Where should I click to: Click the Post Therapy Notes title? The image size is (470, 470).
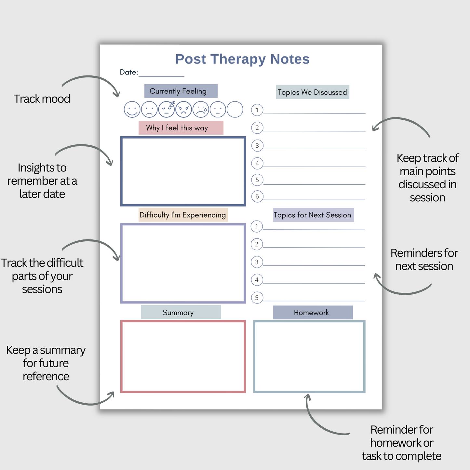(x=242, y=59)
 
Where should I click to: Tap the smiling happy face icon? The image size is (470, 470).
(x=132, y=109)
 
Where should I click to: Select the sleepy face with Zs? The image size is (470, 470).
(x=167, y=109)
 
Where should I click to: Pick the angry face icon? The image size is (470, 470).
(x=184, y=109)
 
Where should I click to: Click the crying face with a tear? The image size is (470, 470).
(x=201, y=109)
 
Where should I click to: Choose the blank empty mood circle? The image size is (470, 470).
(x=235, y=109)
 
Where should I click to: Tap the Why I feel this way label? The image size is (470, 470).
(x=181, y=128)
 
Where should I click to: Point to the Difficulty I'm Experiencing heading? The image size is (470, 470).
(x=183, y=215)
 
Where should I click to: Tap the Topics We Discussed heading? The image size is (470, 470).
(x=313, y=92)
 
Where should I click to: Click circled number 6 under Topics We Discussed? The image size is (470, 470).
(x=257, y=196)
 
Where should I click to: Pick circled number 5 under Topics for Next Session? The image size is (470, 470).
(x=257, y=298)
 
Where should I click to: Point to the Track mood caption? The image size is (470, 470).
(x=42, y=99)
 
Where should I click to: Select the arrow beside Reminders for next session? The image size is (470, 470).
(x=400, y=288)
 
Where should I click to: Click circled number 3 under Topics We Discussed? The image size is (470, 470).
(x=257, y=146)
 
